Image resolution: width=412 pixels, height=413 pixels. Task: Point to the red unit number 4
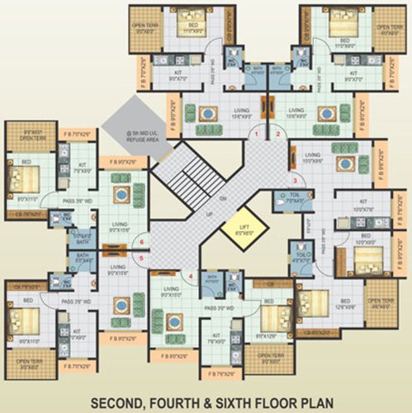click(191, 276)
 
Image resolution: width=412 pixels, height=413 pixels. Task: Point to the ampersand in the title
click(219, 382)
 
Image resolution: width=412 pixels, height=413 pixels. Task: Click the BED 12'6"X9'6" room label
click(347, 303)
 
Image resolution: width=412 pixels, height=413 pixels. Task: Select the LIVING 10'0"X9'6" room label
click(313, 158)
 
